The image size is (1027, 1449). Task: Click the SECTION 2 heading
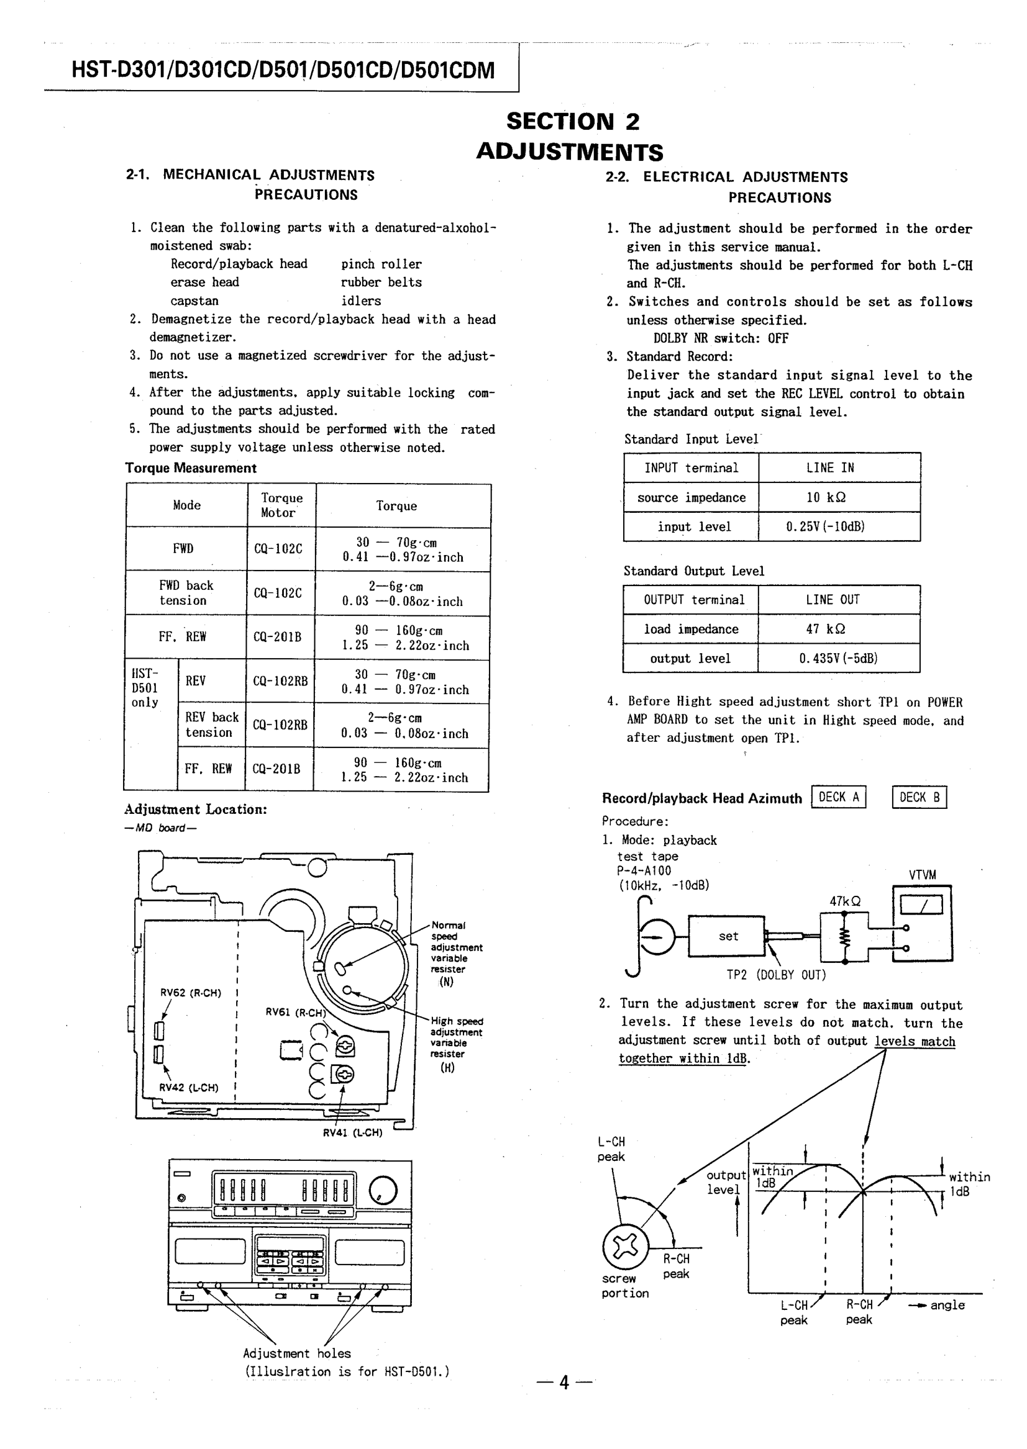572,120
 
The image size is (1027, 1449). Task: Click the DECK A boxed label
839,797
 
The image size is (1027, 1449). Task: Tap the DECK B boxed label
919,797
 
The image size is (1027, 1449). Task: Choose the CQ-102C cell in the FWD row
278,549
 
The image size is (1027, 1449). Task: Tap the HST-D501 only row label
145,687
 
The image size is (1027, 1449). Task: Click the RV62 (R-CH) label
190,993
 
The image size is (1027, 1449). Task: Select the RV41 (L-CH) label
352,1133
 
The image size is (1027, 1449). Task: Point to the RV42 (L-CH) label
189,1088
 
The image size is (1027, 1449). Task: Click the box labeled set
728,936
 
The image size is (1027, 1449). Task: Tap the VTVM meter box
922,923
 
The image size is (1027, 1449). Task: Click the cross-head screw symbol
626,1245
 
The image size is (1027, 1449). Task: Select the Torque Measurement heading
190,468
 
